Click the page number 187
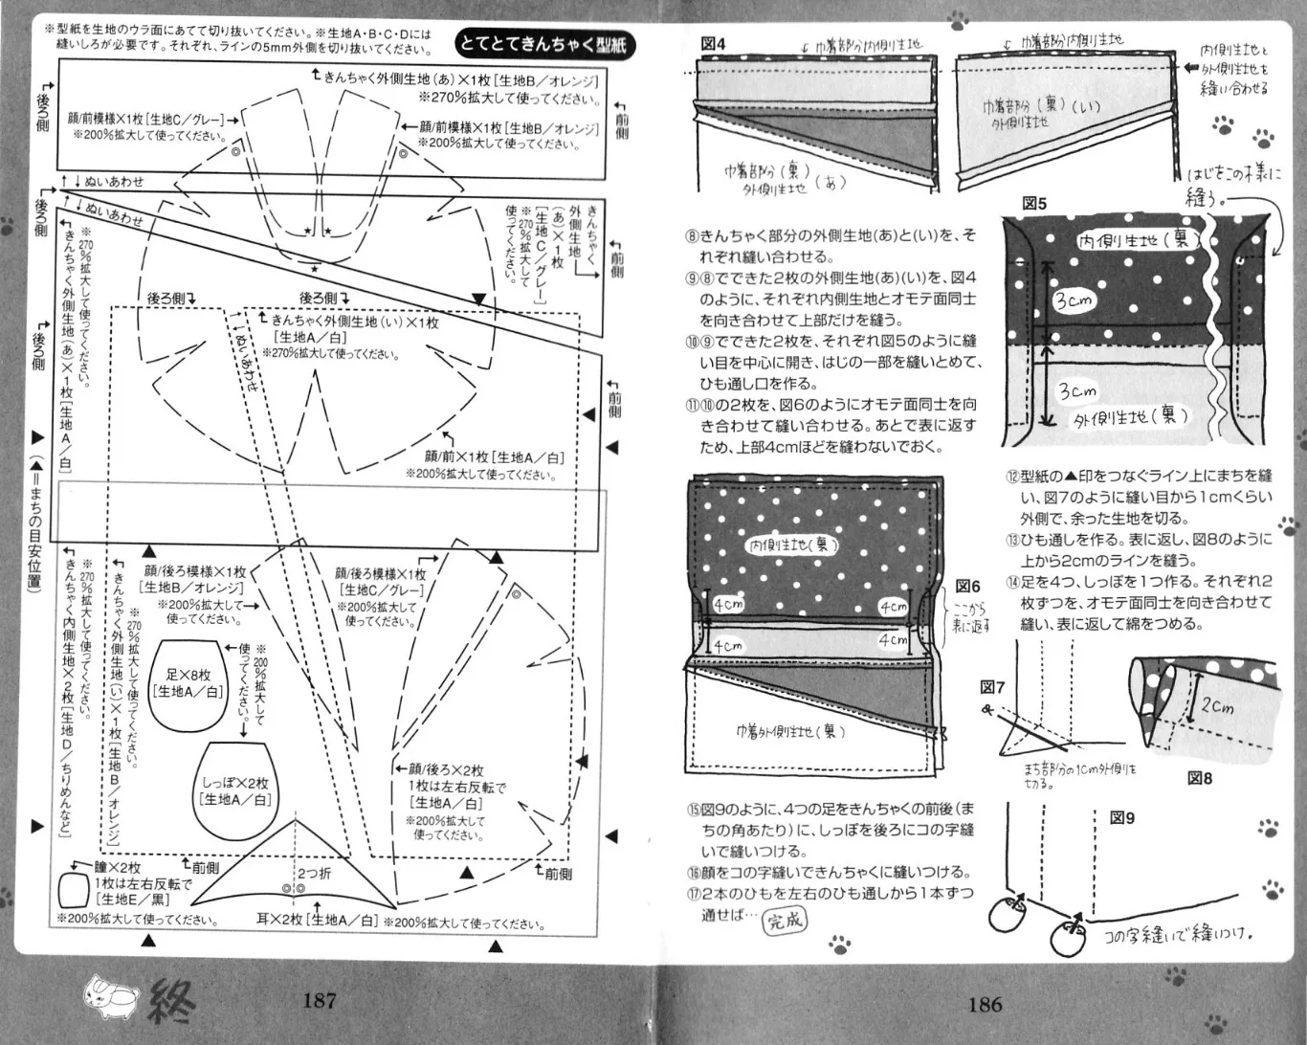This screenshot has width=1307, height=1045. [319, 1001]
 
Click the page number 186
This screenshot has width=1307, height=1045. [985, 1004]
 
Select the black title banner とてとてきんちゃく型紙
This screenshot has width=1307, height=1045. [544, 43]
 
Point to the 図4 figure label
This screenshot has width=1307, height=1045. [713, 44]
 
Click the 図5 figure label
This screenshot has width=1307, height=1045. [1034, 204]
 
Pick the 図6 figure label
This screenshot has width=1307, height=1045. [968, 587]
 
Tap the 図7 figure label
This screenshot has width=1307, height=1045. [992, 687]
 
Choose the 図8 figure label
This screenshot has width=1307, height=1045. [1200, 778]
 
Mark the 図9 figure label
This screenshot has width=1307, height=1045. [1122, 818]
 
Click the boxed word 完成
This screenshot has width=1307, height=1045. [786, 921]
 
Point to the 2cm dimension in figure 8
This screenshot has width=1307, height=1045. [1217, 707]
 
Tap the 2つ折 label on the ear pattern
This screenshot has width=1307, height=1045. [314, 874]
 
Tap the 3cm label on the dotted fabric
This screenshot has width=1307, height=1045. [1073, 300]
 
